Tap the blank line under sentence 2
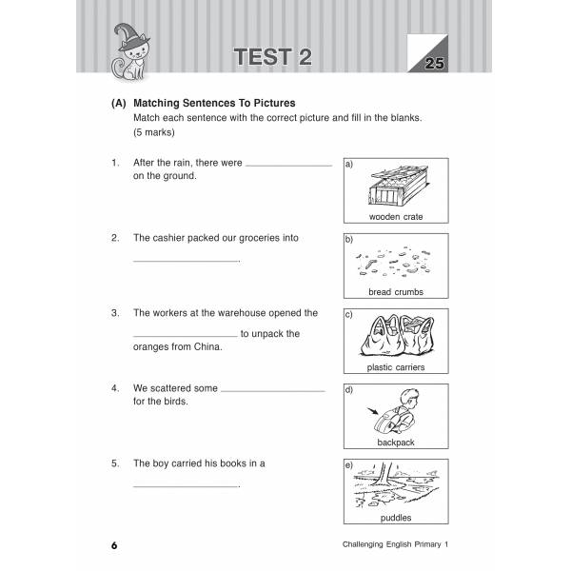click(185, 261)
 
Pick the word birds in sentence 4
click(174, 402)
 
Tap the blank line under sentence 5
click(185, 486)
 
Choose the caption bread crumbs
click(395, 292)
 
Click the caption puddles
click(395, 518)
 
